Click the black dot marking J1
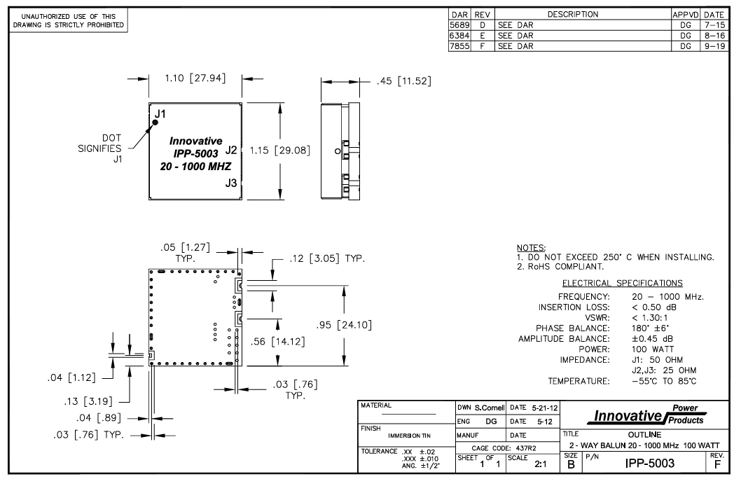pos(154,123)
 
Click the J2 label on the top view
pos(232,150)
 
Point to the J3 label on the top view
pos(232,183)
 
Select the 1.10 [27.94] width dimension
pos(195,78)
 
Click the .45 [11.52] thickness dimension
pos(403,81)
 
